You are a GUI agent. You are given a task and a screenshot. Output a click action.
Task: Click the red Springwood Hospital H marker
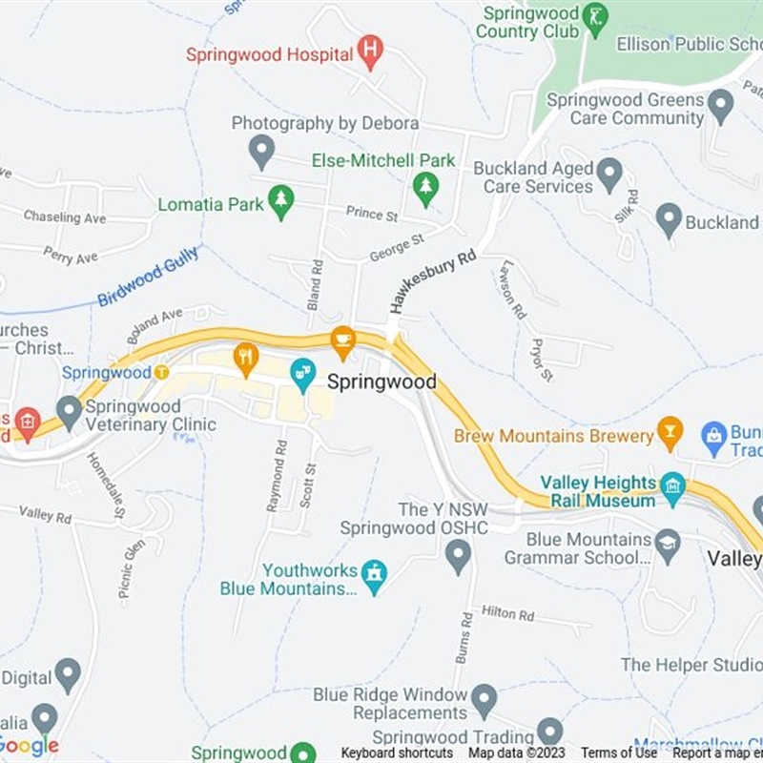(371, 51)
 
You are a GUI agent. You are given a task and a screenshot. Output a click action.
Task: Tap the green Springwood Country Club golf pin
(596, 19)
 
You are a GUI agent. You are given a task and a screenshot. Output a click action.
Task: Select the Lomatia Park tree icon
(280, 201)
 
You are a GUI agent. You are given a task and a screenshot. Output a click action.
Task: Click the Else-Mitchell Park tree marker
(425, 187)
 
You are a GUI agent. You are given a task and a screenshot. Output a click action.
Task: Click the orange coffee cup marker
(342, 339)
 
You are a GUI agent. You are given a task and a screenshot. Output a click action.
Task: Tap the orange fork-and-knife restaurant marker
(246, 359)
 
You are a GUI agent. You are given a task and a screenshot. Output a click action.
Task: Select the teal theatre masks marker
(302, 374)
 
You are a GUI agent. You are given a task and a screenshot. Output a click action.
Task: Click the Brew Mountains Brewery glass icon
(670, 433)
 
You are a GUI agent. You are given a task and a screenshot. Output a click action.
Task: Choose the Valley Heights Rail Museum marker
(672, 488)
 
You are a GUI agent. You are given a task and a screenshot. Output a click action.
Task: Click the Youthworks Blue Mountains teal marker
(375, 576)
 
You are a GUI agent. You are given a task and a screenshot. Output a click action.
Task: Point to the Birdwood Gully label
(148, 277)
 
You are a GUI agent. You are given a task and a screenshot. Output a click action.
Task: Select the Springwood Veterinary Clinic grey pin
(69, 412)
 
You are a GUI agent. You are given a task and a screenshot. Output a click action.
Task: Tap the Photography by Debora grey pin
(261, 151)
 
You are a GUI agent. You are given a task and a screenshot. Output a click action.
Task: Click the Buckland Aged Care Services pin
(609, 175)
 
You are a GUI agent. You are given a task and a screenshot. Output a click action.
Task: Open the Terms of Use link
(619, 753)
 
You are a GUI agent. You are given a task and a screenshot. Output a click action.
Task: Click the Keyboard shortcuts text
(397, 753)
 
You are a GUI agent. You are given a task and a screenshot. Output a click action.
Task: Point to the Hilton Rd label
(507, 613)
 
